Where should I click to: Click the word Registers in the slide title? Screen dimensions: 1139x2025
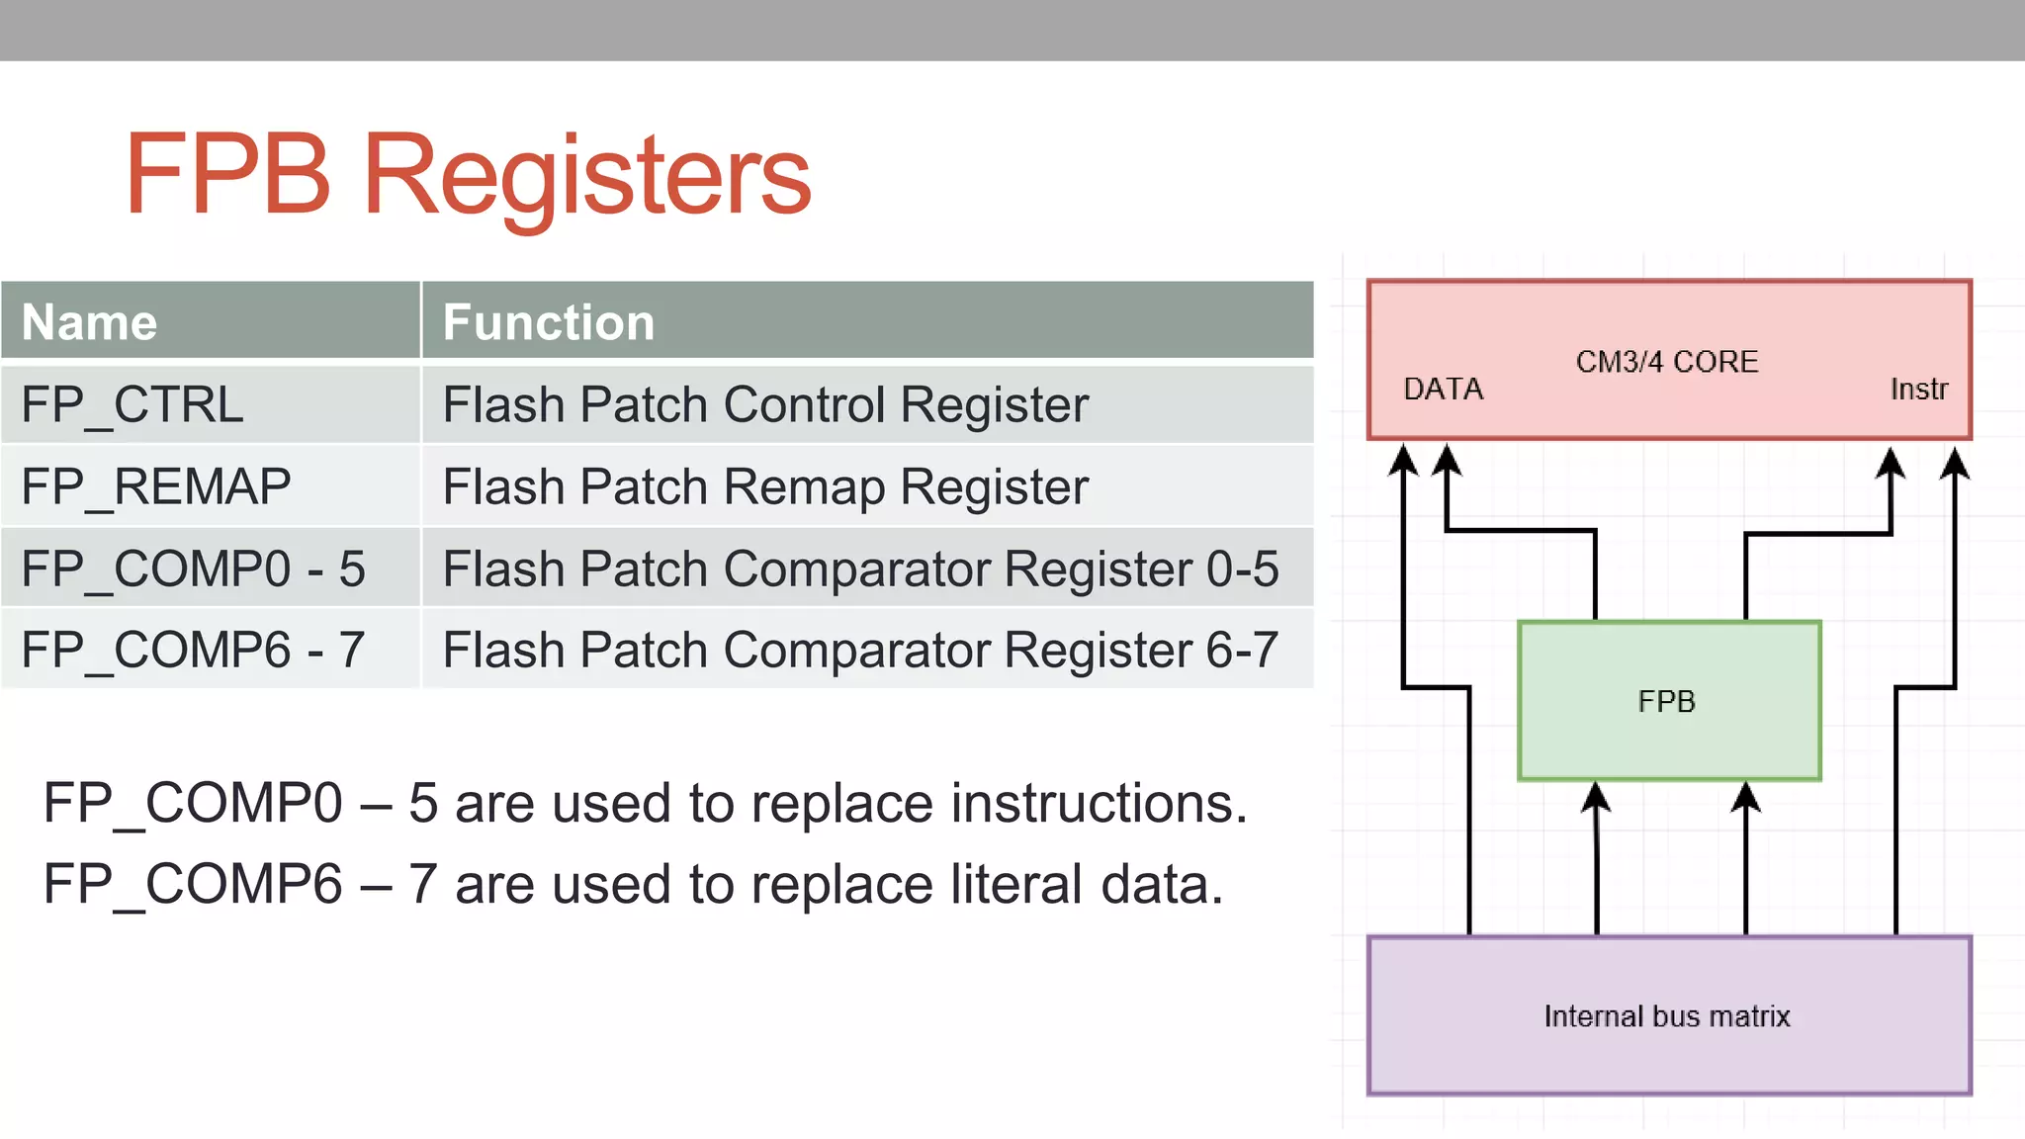point(587,176)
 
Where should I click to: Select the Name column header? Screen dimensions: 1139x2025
point(90,322)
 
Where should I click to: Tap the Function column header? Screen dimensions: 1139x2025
point(549,322)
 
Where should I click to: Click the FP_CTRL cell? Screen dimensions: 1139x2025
point(132,404)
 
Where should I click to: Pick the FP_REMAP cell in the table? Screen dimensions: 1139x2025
point(156,486)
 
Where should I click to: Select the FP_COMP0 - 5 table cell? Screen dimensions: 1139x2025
point(194,569)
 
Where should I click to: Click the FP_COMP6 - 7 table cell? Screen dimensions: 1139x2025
point(194,651)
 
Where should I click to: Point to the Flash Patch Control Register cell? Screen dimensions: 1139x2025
point(765,404)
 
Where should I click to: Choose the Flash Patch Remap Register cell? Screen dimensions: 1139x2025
point(765,486)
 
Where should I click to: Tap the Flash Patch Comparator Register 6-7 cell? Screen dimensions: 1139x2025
point(860,651)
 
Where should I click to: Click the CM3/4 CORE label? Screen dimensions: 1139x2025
point(1667,362)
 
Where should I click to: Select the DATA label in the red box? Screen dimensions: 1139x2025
point(1444,389)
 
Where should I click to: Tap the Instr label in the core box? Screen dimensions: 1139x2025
point(1918,389)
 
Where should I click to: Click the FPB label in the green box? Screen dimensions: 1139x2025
point(1667,701)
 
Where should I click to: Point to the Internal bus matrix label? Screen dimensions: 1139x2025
point(1667,1016)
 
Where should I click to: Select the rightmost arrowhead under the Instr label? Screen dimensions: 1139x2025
point(1955,462)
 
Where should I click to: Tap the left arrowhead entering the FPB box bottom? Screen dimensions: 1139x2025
point(1596,797)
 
